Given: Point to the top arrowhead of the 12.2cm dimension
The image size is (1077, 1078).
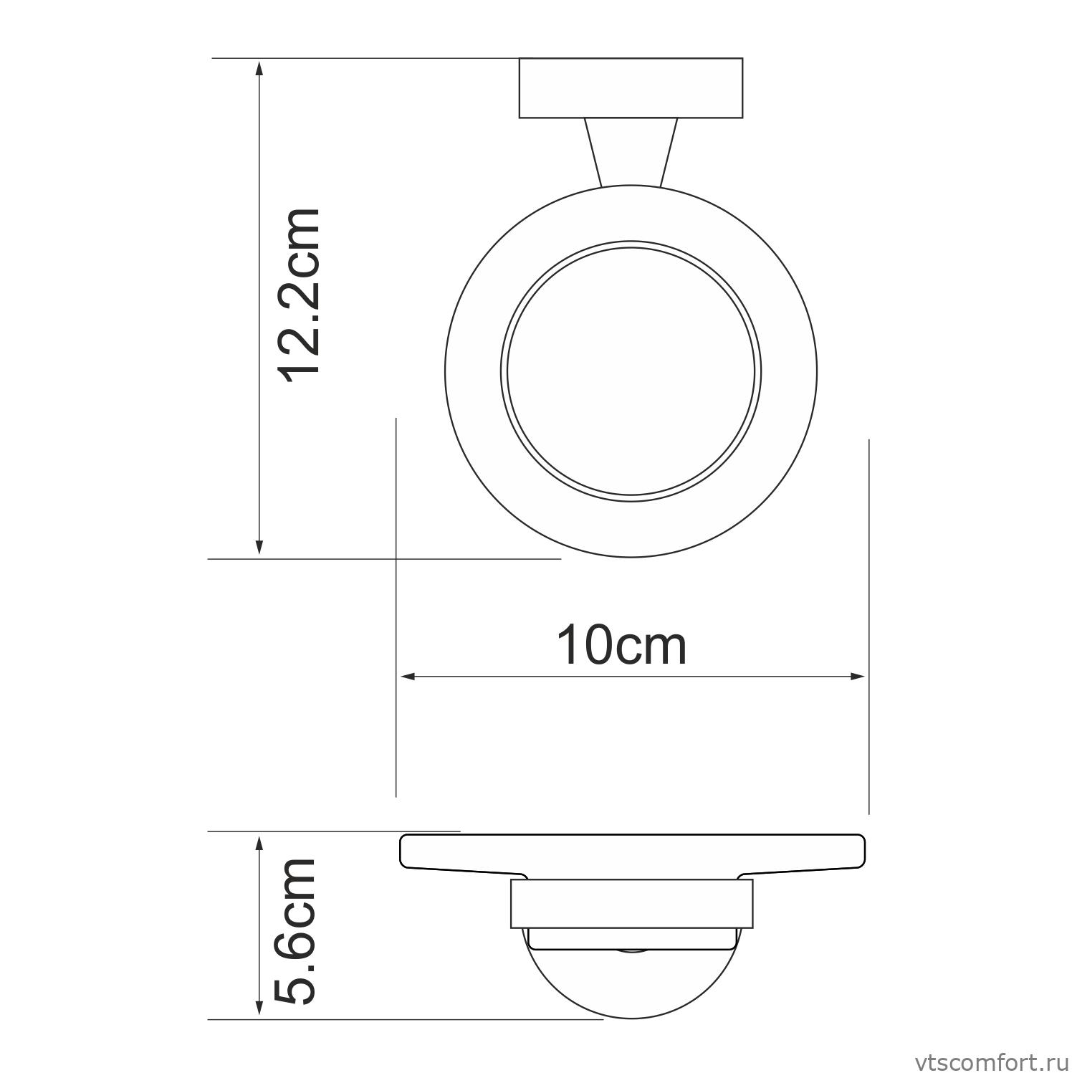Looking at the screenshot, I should click(x=259, y=67).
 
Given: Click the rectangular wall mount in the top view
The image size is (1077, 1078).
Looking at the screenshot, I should click(x=631, y=87).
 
